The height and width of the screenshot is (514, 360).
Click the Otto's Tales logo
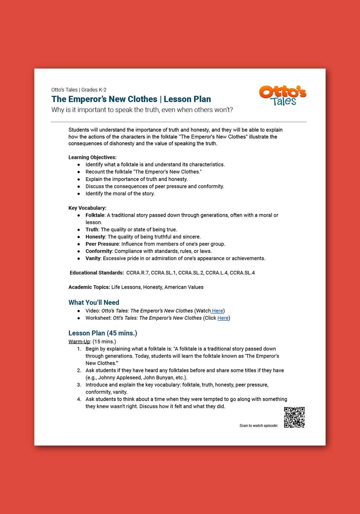coord(283,96)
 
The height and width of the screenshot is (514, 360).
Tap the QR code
coord(294,417)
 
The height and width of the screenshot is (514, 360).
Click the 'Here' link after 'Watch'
coord(217,311)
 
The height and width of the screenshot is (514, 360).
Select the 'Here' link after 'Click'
coord(223,318)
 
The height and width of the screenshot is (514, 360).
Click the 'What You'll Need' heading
coord(94,302)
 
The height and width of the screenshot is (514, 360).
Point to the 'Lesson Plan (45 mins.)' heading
coord(103,333)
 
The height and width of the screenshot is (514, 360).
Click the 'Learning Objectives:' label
coord(92,157)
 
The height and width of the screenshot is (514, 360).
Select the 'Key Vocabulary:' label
coord(87,208)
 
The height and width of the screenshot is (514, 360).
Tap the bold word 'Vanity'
coord(93,258)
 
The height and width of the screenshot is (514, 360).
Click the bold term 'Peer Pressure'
coord(102,244)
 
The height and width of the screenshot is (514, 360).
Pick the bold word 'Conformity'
coord(99,251)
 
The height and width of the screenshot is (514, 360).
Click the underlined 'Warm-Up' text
coord(79,342)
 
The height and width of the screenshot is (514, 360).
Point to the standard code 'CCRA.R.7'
coord(137,273)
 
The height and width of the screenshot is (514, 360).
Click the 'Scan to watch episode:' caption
coord(258,426)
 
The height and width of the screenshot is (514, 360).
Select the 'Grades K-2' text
coord(94,90)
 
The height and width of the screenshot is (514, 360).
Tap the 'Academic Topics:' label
coord(89,287)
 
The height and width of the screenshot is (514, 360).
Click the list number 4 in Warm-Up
coord(79,399)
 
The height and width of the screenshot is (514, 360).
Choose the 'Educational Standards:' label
coord(97,273)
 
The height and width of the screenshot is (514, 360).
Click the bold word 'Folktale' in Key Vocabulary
coord(95,215)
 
